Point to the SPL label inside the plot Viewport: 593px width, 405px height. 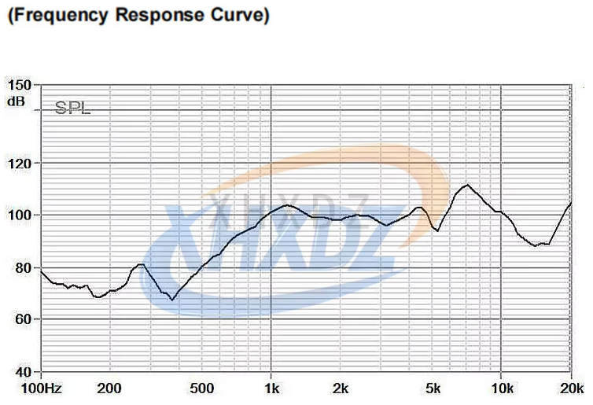pos(72,109)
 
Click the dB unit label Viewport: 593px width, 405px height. pos(17,101)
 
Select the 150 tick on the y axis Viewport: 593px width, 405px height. pos(19,85)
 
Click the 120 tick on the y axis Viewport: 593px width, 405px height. pos(19,164)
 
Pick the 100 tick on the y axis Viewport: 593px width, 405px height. pos(19,215)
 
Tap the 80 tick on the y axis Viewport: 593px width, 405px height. pos(21,267)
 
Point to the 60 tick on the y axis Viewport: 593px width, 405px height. pos(21,319)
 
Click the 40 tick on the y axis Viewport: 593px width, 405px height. pos(21,371)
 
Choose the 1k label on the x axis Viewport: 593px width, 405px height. pos(271,388)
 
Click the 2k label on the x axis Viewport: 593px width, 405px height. pos(341,388)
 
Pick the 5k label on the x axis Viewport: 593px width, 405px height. pos(433,388)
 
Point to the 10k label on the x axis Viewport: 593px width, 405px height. pos(502,388)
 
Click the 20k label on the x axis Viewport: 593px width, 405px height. pos(571,388)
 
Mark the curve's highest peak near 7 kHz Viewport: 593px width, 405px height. pos(468,185)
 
